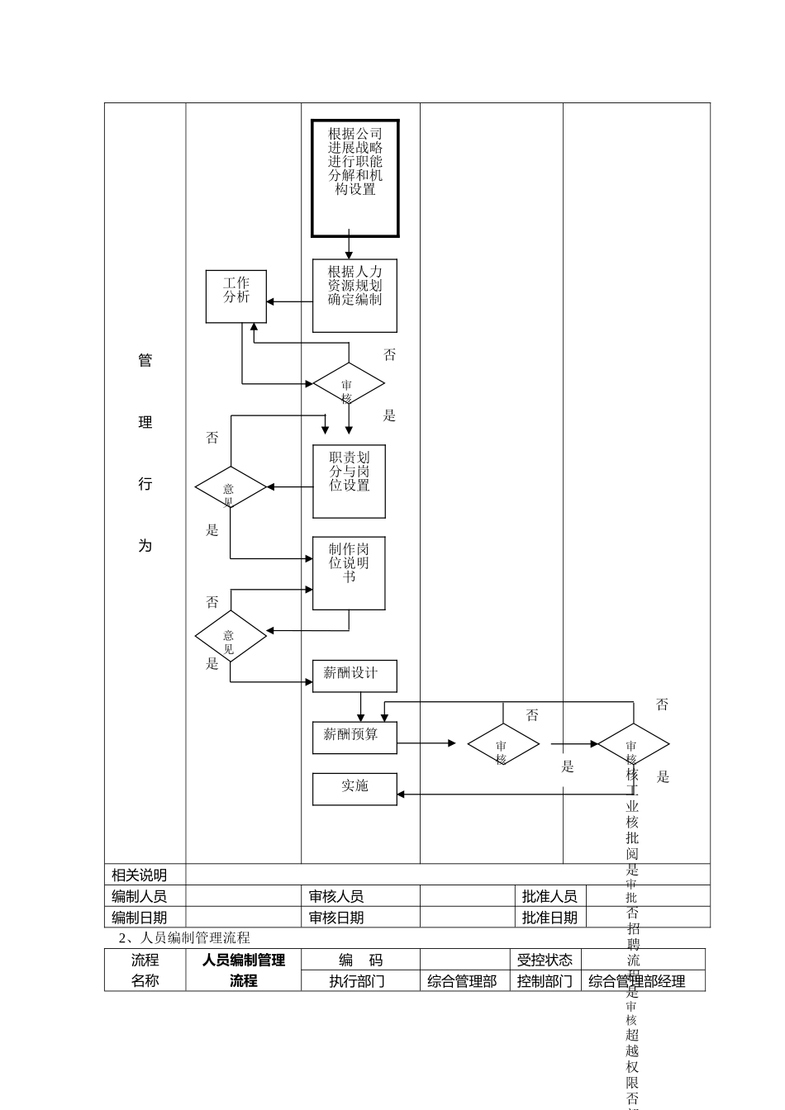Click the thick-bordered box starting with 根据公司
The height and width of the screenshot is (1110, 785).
(354, 178)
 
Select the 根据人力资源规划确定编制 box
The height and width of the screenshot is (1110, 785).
(354, 296)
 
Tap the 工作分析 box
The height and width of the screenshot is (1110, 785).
(235, 296)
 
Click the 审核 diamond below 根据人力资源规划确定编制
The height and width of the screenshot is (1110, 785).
(348, 384)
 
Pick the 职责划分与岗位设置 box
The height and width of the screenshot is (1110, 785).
(349, 481)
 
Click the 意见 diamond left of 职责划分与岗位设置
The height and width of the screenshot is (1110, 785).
(230, 487)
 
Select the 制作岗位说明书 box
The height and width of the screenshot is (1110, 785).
(349, 573)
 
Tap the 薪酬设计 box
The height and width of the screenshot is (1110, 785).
(354, 676)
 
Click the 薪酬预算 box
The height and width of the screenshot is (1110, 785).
(354, 738)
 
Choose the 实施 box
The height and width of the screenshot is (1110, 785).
(354, 789)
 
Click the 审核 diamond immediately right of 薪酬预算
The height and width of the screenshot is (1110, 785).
(502, 744)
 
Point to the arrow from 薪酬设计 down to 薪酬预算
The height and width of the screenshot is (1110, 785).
(360, 707)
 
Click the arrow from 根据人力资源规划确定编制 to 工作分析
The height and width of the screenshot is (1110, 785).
(289, 302)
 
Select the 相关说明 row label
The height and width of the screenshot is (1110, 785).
(140, 875)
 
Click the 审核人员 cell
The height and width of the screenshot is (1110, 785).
(336, 896)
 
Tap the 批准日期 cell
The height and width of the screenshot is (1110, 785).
(549, 918)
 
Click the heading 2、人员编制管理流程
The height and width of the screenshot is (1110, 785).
(184, 937)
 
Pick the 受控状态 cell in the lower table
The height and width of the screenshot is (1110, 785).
(545, 960)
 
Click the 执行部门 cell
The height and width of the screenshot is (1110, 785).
(357, 981)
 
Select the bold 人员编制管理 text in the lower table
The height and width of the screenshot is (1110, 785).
(244, 961)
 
